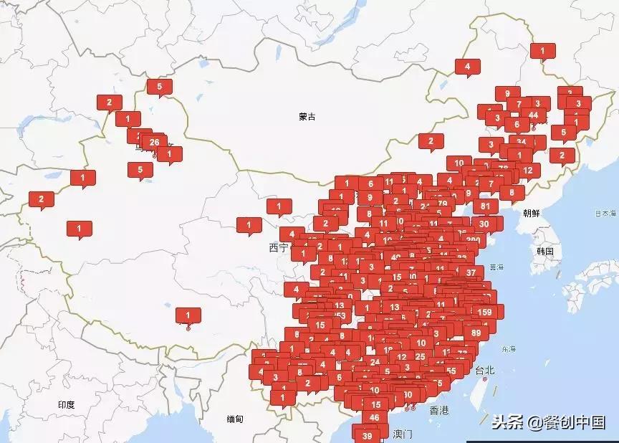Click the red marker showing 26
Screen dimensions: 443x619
point(154,143)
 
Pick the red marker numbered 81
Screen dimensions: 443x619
point(485,206)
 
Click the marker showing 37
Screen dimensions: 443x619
point(471,272)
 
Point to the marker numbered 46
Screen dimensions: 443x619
point(375,418)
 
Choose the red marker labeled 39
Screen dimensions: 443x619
point(368,435)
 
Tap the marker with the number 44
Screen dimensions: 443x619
point(533,115)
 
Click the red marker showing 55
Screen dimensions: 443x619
point(451,371)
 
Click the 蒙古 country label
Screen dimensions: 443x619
point(307,116)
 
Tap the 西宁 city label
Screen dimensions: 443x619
point(278,248)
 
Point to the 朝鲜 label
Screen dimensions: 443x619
point(532,213)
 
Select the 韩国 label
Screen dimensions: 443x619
point(545,251)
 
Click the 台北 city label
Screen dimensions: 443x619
point(485,371)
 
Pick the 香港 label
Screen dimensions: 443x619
point(438,411)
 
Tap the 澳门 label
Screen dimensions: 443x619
point(403,434)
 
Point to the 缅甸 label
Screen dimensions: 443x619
point(234,419)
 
